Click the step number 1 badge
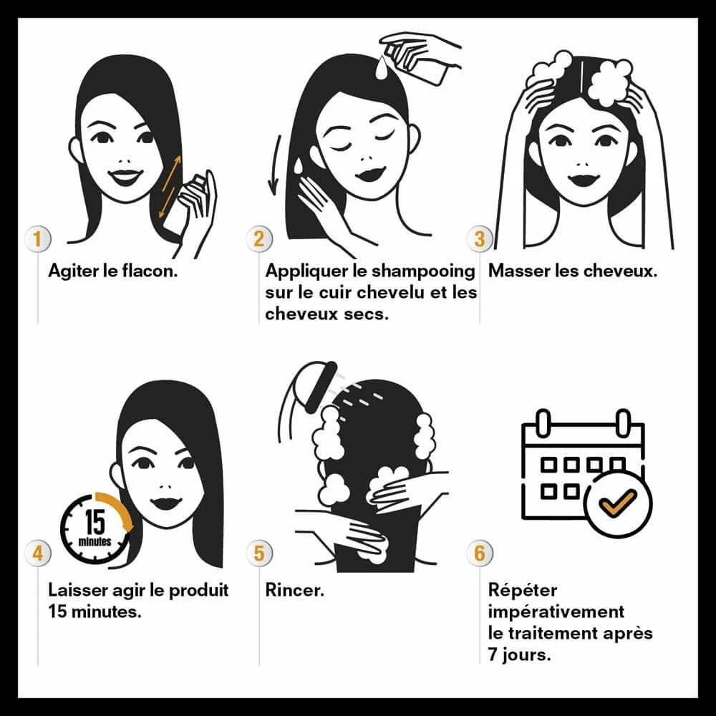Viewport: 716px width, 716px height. click(x=37, y=238)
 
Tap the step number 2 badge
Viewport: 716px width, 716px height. click(x=259, y=238)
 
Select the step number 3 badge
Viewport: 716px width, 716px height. click(x=480, y=238)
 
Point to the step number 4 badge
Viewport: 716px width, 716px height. click(x=37, y=553)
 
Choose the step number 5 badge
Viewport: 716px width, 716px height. click(x=259, y=553)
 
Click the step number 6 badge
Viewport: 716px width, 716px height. click(x=480, y=553)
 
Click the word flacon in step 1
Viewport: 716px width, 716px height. click(x=150, y=271)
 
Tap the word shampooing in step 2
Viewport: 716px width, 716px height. click(x=423, y=272)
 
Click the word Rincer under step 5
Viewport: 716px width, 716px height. click(x=294, y=590)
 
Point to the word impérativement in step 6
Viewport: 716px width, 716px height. click(x=556, y=612)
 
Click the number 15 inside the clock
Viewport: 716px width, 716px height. click(x=95, y=522)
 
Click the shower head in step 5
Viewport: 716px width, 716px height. click(x=319, y=387)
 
